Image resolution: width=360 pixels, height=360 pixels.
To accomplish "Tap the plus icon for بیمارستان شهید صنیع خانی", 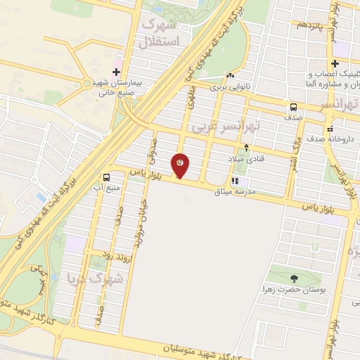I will pyautogui.click(x=116, y=72).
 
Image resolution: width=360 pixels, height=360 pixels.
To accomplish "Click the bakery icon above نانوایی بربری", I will pyautogui.click(x=230, y=76).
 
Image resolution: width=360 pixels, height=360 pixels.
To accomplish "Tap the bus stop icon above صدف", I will pyautogui.click(x=292, y=108).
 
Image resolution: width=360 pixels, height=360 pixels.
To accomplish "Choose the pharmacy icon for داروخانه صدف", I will pyautogui.click(x=329, y=129).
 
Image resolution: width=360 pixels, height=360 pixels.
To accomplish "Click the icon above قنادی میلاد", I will pyautogui.click(x=246, y=148).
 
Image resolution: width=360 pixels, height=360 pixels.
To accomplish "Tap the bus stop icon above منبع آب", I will pyautogui.click(x=107, y=178).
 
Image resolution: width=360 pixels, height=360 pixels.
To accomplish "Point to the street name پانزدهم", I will pyautogui.click(x=309, y=25).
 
